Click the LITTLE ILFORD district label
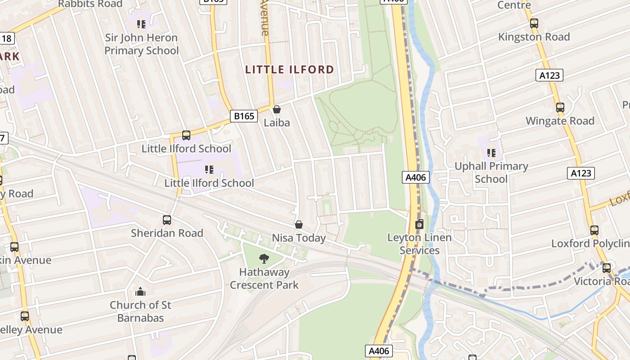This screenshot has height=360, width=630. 290,70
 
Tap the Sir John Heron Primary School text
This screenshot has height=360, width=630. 141,44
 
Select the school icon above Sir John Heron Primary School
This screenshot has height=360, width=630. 141,24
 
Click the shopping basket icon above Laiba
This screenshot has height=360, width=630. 277,109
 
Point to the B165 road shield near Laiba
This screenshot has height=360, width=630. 244,116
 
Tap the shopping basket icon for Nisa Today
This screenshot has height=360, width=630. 298,224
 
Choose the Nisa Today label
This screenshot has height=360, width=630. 298,238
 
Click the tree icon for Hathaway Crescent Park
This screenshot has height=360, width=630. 264,258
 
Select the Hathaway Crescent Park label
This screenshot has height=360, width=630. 264,279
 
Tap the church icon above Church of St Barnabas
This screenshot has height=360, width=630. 140,292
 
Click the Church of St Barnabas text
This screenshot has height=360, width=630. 140,311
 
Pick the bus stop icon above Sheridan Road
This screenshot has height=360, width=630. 167,220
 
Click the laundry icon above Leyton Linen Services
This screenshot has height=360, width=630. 419,224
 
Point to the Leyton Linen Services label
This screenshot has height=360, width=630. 419,244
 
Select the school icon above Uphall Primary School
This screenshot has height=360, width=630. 491,153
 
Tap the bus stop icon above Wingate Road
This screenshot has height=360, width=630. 560,108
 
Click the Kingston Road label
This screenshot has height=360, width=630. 534,37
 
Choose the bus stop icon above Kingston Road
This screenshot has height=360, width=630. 534,23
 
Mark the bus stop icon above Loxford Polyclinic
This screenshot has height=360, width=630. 594,230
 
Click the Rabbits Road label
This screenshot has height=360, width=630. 90,4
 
